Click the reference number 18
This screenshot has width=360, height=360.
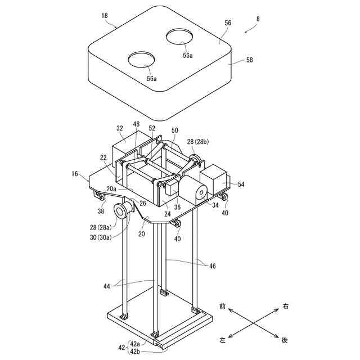coord(105,16)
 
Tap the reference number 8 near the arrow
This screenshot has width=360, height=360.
coord(258,19)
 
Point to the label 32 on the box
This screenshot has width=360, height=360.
coord(120,128)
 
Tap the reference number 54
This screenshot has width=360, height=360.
coord(241,184)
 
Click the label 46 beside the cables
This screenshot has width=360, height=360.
coord(211,265)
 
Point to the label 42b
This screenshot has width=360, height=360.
coord(136,352)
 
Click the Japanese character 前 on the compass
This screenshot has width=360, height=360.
coord(223,307)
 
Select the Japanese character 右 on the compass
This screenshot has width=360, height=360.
coord(286,307)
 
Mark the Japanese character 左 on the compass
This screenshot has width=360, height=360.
coord(223,340)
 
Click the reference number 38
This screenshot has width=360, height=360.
coord(101,212)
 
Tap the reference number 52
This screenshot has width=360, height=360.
coord(152,129)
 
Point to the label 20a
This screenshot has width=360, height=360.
coord(111,189)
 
